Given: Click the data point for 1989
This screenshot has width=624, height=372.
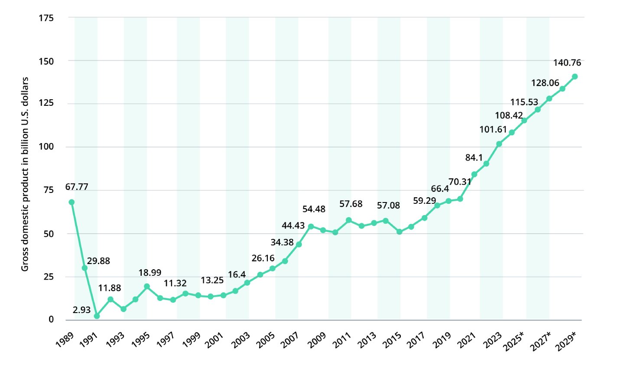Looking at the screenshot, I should tap(71, 202).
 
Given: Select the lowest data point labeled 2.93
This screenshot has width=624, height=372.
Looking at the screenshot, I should tap(97, 316).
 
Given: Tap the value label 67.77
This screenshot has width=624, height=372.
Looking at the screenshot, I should tap(77, 187).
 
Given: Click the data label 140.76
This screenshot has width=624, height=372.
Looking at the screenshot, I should tap(567, 63).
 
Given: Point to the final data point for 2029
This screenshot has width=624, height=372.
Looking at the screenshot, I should tap(575, 77).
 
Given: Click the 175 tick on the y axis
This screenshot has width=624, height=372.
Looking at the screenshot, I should tap(46, 18).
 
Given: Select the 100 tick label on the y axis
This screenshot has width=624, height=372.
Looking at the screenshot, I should tap(46, 147).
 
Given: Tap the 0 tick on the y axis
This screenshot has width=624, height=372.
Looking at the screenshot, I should tap(51, 320).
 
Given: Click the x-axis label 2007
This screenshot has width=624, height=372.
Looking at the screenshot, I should tap(289, 340).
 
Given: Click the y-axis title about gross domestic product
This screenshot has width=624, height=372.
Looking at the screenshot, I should tap(25, 174).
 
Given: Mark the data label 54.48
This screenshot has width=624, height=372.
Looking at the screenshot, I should tap(314, 209).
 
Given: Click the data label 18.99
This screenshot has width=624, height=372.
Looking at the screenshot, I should tap(150, 273).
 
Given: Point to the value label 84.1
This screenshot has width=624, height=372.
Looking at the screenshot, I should tap(474, 158).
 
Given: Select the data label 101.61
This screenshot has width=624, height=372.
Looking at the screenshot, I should tap(493, 129).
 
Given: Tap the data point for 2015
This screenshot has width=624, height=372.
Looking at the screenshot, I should tap(400, 232).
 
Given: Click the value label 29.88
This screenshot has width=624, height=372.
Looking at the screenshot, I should tap(98, 261).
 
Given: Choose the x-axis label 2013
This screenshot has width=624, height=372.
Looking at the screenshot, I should tap(367, 340).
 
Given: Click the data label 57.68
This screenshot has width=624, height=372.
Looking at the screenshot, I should tap(351, 204).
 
